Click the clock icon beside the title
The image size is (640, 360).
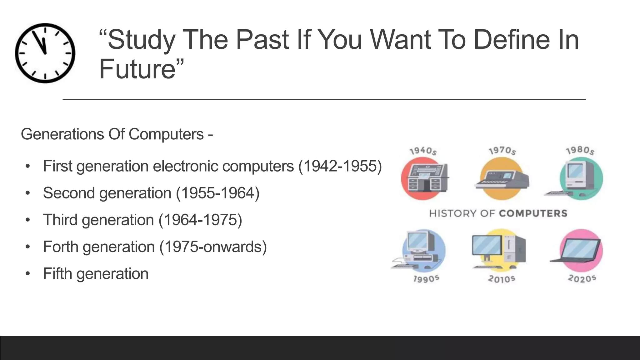point(45,53)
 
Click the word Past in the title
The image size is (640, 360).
point(262,40)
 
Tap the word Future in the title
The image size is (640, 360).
point(137,69)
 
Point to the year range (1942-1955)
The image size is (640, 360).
point(340,166)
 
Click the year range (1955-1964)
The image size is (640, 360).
point(218,193)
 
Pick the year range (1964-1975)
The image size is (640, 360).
point(200,220)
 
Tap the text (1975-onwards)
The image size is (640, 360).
point(213,247)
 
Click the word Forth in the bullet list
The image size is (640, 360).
point(61,247)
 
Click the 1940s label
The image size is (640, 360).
point(423,151)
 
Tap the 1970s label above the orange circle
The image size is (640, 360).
point(502,151)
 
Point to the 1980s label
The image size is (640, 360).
point(580,151)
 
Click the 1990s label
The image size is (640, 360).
point(426,279)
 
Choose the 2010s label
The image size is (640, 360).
point(502,279)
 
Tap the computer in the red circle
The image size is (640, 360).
point(425,178)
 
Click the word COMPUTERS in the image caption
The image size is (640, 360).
point(533,213)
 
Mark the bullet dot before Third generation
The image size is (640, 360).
point(28,220)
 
